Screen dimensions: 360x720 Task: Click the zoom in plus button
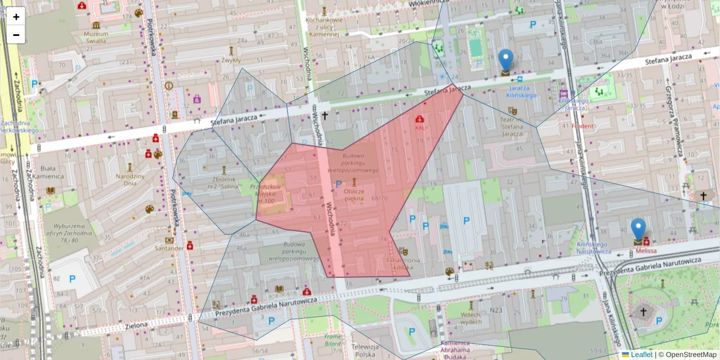pyautogui.click(x=16, y=17)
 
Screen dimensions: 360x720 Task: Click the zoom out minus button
pyautogui.click(x=16, y=35)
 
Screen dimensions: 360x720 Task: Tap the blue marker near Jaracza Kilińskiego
pyautogui.click(x=506, y=62)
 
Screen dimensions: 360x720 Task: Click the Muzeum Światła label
pyautogui.click(x=95, y=37)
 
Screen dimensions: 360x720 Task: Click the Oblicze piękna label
pyautogui.click(x=354, y=194)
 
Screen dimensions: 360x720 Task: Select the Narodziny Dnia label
pyautogui.click(x=130, y=179)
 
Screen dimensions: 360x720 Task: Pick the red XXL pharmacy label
pyautogui.click(x=419, y=127)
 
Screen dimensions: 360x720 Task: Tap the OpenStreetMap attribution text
pyautogui.click(x=689, y=355)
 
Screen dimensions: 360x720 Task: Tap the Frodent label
pyautogui.click(x=582, y=127)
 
